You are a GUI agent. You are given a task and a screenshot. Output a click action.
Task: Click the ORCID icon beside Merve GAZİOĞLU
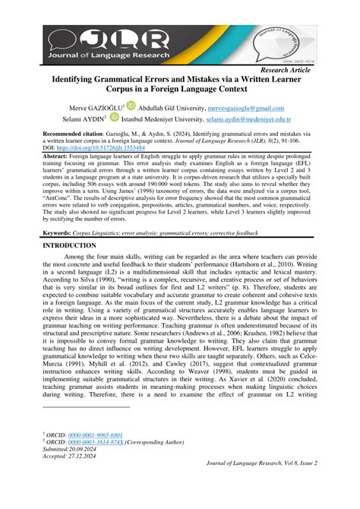(130, 106)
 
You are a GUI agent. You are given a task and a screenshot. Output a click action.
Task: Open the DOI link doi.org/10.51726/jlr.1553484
(99, 147)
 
